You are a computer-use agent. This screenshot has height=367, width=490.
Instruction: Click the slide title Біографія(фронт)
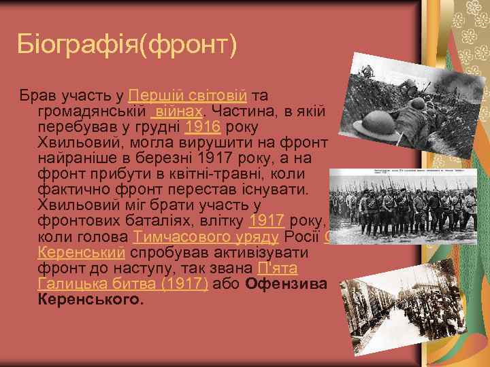(128, 45)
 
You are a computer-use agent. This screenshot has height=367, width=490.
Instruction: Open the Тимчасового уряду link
(206, 237)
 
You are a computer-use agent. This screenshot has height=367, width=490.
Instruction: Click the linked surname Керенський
(81, 253)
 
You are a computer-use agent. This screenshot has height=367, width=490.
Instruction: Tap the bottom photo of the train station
(408, 313)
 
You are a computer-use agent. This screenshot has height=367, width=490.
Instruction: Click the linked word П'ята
(277, 268)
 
